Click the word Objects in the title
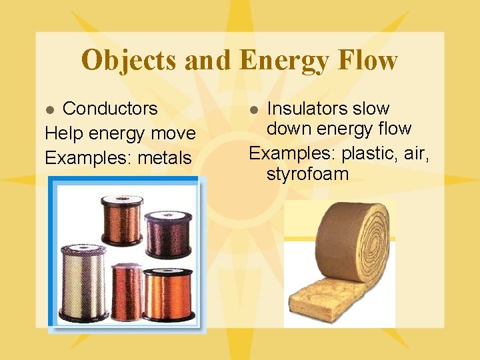pyautogui.click(x=129, y=61)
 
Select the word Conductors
pyautogui.click(x=110, y=109)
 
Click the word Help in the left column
pyautogui.click(x=61, y=133)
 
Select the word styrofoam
pyautogui.click(x=307, y=175)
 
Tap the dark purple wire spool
pyautogui.click(x=169, y=233)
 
